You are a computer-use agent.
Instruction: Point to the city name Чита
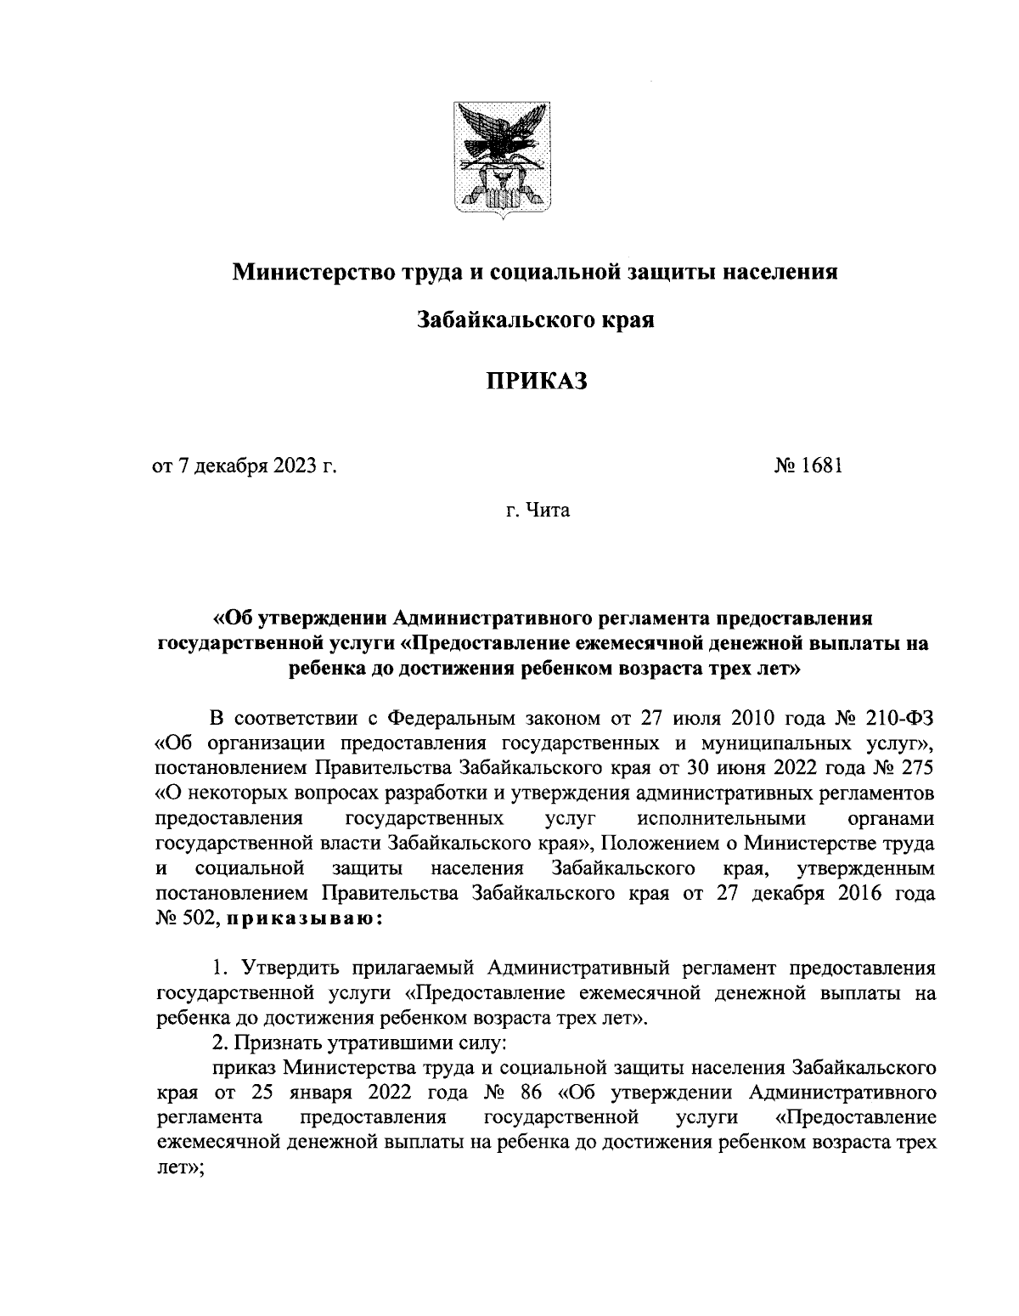point(550,511)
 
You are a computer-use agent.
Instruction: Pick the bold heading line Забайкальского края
point(536,320)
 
